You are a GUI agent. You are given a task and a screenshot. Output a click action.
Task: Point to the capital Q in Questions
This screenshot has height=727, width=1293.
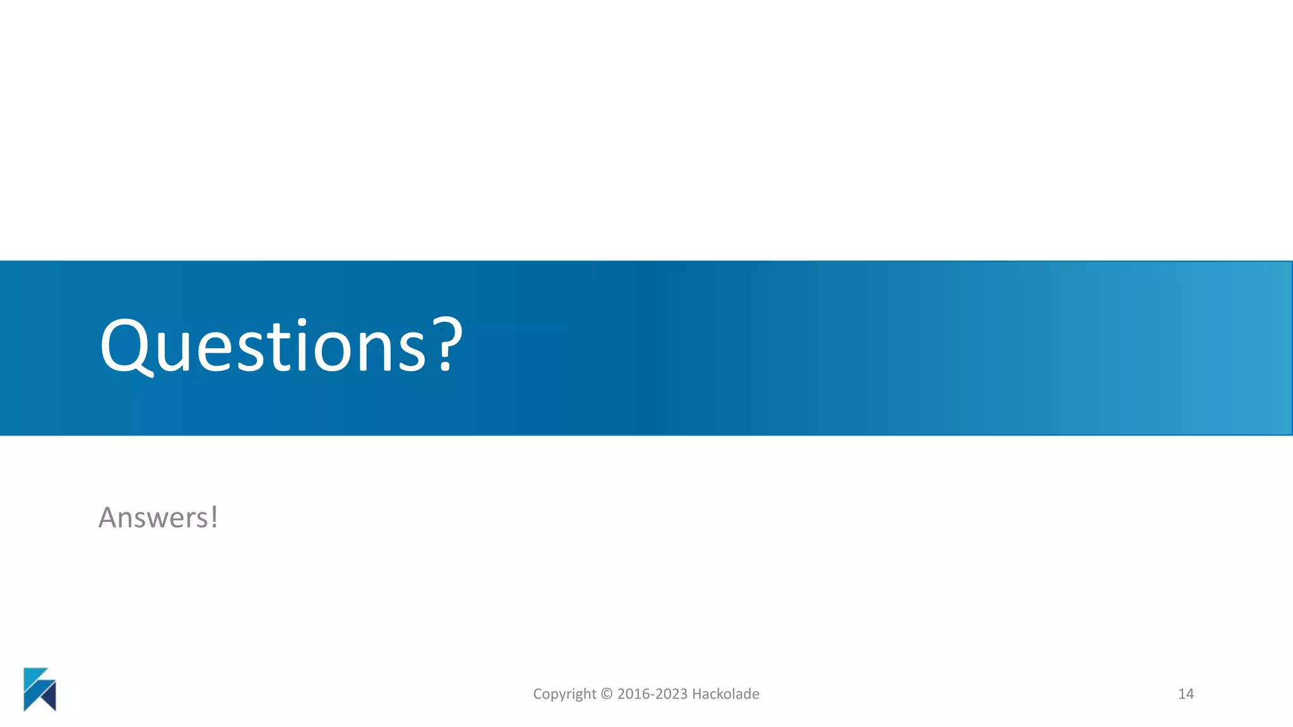pyautogui.click(x=126, y=346)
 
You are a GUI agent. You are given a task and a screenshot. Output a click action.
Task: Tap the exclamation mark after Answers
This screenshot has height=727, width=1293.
pyautogui.click(x=215, y=517)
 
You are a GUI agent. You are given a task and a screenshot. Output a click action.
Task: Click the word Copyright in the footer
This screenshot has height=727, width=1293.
pyautogui.click(x=564, y=694)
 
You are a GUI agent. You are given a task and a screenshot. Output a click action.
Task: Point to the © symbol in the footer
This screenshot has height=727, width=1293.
pyautogui.click(x=607, y=694)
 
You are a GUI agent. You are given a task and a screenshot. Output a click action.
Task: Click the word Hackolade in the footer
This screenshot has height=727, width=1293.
pyautogui.click(x=726, y=694)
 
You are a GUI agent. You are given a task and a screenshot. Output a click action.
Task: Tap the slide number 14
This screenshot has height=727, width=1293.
pyautogui.click(x=1186, y=694)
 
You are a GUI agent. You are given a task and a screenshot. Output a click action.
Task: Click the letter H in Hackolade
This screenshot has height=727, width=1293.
pyautogui.click(x=696, y=694)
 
